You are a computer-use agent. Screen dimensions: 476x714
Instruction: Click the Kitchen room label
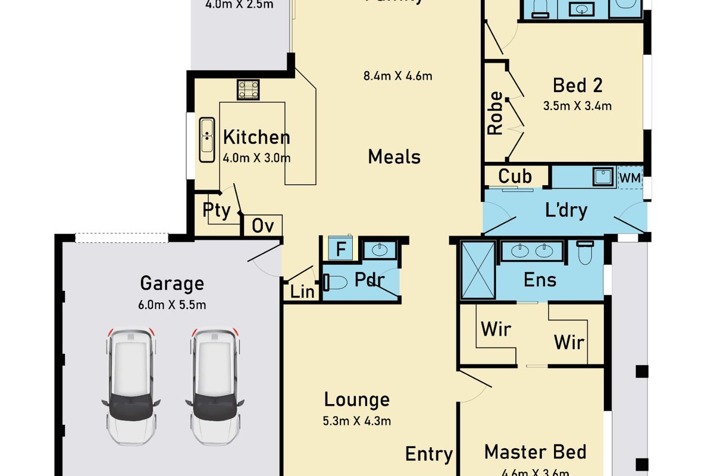click(x=256, y=137)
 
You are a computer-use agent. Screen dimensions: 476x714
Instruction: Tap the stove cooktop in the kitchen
click(x=249, y=90)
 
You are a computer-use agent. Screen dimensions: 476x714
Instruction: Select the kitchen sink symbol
click(x=206, y=139)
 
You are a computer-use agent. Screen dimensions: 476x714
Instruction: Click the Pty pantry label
click(x=217, y=211)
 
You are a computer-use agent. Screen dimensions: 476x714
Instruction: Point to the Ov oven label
click(x=262, y=226)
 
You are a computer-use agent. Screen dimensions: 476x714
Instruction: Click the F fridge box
click(x=341, y=249)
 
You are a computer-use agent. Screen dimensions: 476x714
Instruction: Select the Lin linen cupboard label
click(x=302, y=292)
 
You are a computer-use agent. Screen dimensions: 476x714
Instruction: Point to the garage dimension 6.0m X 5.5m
click(x=172, y=305)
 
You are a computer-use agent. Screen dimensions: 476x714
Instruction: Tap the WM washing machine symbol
click(x=630, y=178)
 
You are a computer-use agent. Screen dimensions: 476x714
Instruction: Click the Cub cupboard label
click(x=515, y=177)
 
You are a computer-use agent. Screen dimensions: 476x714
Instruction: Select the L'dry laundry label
click(x=566, y=210)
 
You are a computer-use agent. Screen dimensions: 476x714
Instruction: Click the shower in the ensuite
click(x=478, y=268)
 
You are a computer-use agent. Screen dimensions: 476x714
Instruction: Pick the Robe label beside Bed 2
click(x=495, y=113)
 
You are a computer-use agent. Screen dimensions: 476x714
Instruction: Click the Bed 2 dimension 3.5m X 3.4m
click(x=577, y=107)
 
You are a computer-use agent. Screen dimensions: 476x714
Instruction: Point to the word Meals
click(x=394, y=157)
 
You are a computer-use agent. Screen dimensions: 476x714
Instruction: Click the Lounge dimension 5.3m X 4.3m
click(x=357, y=421)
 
